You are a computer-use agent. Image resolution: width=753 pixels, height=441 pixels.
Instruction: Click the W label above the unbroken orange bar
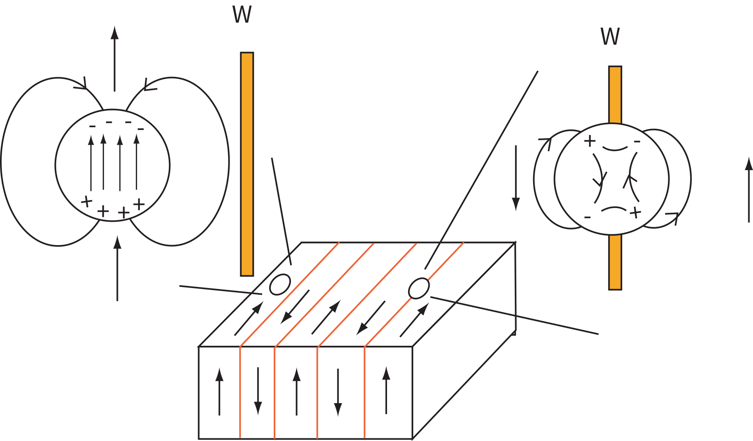click(x=242, y=15)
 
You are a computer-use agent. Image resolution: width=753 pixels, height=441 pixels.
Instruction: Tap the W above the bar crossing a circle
click(x=610, y=37)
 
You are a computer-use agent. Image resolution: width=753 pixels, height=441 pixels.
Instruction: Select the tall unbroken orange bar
click(x=247, y=164)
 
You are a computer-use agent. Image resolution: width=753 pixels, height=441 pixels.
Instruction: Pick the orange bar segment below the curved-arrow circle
click(x=615, y=262)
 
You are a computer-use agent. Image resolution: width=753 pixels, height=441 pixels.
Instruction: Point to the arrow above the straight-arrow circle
click(x=114, y=59)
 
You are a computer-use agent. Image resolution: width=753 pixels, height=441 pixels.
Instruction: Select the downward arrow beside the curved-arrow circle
click(x=516, y=178)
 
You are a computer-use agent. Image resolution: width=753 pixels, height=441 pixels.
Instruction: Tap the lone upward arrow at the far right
click(x=749, y=190)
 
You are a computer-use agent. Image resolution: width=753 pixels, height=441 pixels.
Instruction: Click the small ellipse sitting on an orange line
click(x=419, y=288)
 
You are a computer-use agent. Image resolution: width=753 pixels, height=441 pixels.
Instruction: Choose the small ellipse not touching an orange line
click(x=280, y=285)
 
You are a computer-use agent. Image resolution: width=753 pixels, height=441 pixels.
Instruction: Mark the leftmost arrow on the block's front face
click(x=219, y=391)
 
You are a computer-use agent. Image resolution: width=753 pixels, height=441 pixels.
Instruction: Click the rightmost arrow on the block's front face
click(x=386, y=390)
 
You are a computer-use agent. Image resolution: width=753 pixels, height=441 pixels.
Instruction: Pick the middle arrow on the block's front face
click(x=297, y=391)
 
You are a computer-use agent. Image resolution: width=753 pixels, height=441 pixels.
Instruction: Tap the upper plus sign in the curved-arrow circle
click(x=590, y=141)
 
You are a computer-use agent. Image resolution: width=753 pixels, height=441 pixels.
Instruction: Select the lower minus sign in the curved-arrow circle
click(x=587, y=217)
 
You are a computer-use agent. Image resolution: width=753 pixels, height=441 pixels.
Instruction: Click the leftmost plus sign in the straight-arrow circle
click(x=86, y=202)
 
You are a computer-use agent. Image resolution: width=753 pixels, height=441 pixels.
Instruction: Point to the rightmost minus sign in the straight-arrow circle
click(x=141, y=129)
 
